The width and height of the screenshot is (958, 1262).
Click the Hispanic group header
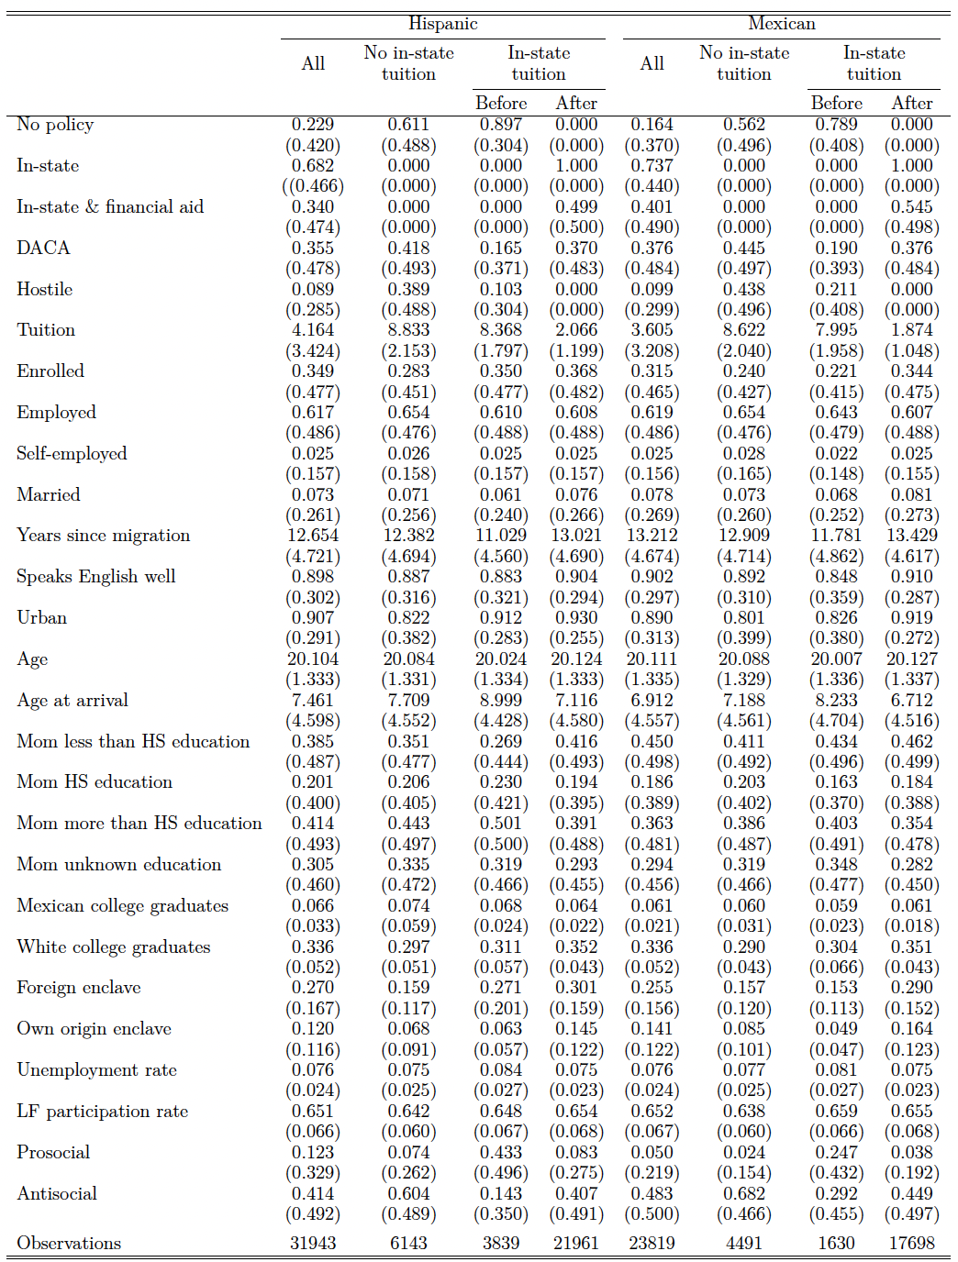click(442, 24)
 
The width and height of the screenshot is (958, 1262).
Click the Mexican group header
click(781, 24)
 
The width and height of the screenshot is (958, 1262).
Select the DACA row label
click(43, 248)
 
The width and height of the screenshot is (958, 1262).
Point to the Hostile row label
click(44, 289)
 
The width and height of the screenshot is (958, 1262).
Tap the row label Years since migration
click(103, 536)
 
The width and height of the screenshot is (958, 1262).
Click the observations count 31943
click(313, 1243)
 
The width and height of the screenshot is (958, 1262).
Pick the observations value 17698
click(911, 1243)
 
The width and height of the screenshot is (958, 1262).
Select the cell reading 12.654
click(313, 536)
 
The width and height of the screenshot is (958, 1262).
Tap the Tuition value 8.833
click(408, 330)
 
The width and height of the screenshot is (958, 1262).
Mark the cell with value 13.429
click(911, 536)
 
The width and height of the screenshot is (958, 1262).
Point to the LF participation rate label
click(102, 1111)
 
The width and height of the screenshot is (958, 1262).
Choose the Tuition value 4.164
click(313, 330)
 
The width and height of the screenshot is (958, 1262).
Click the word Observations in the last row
click(69, 1243)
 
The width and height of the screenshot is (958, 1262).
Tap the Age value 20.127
click(911, 659)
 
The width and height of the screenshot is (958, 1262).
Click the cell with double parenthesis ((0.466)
click(312, 186)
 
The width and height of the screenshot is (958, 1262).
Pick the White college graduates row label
click(113, 946)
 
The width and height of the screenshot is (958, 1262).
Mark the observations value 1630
click(836, 1243)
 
